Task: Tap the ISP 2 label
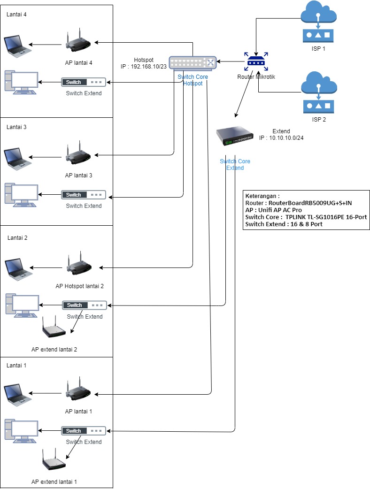pos(318,119)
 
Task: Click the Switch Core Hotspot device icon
pos(193,63)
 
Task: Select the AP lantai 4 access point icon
pos(78,42)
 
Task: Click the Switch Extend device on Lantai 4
pos(84,82)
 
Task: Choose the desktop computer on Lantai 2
pos(22,306)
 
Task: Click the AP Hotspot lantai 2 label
pos(79,286)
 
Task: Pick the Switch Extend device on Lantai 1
pos(84,431)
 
